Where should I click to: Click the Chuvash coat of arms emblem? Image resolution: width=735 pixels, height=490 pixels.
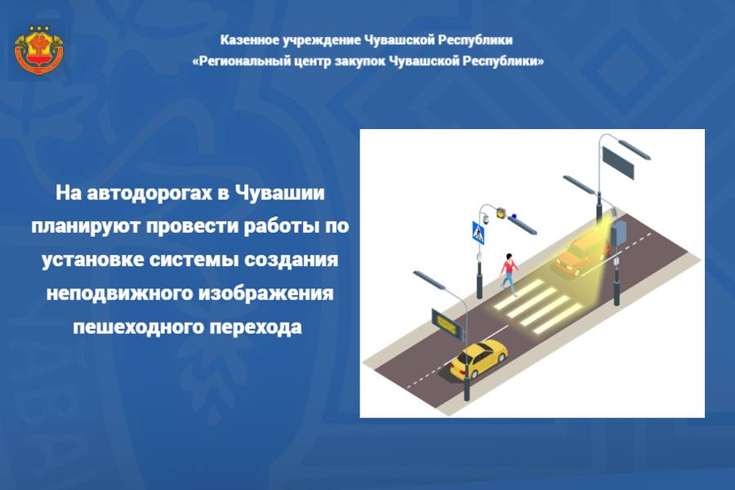(39, 50)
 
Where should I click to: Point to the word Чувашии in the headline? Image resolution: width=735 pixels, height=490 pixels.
(279, 192)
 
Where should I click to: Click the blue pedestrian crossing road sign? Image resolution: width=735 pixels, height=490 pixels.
(478, 232)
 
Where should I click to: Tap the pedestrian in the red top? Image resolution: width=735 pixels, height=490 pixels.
(509, 274)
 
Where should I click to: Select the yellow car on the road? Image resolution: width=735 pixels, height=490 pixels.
(479, 359)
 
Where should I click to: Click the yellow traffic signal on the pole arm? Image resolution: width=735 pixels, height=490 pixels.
(501, 212)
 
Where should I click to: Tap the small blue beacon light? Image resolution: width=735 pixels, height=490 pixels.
(514, 216)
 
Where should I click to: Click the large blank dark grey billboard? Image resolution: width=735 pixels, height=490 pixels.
(618, 163)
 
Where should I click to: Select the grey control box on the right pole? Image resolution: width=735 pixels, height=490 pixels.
(618, 232)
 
